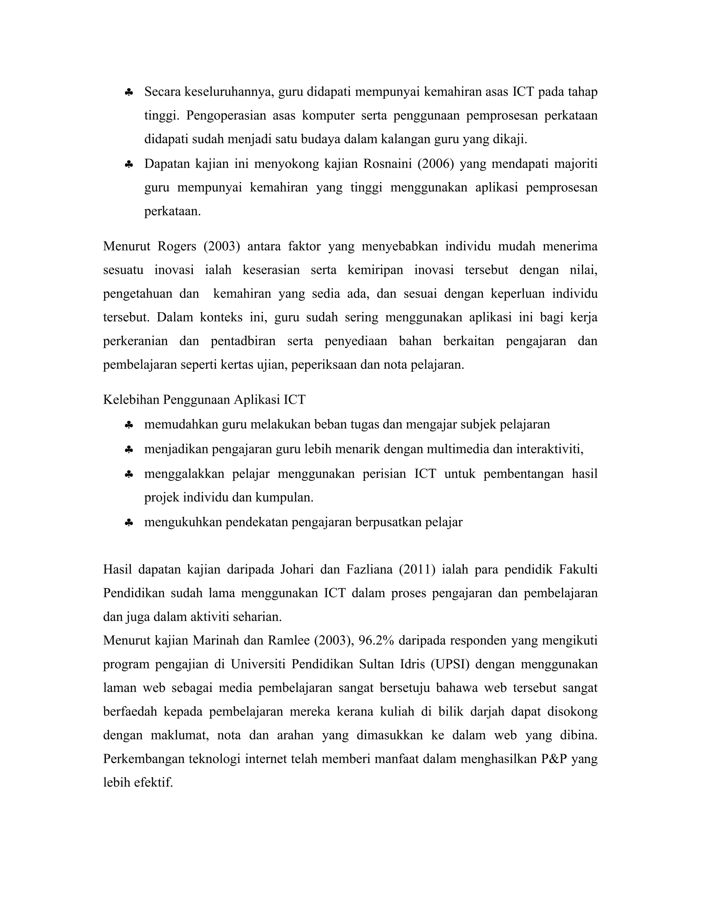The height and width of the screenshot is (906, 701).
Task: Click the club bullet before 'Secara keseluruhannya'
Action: point(128,93)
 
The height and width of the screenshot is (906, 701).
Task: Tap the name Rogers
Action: point(177,247)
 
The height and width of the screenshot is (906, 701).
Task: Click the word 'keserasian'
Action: point(271,270)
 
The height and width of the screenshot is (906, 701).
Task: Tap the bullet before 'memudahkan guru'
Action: point(128,425)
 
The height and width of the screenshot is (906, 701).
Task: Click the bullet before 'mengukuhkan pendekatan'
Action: point(128,523)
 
